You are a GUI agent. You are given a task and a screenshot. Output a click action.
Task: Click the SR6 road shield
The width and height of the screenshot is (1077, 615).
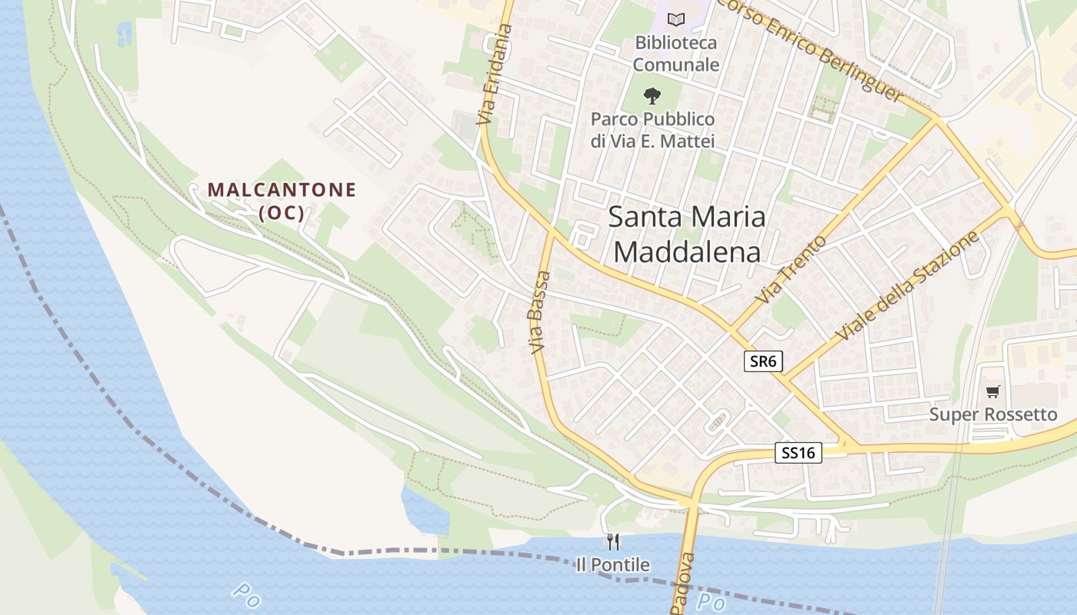[x=762, y=361]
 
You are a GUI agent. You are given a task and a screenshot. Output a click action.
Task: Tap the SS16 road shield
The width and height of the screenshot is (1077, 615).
[x=798, y=453]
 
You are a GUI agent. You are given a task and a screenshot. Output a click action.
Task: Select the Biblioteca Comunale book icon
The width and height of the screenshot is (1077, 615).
[x=675, y=19]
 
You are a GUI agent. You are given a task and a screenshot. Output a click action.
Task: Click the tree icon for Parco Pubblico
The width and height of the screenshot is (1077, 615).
[x=652, y=96]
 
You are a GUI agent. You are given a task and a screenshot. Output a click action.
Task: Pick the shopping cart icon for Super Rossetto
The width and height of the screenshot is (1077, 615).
[x=993, y=392]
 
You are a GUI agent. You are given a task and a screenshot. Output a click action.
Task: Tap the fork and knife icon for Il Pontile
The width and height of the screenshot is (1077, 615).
[x=613, y=542]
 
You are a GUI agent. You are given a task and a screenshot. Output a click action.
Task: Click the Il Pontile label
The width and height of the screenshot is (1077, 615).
[x=613, y=565]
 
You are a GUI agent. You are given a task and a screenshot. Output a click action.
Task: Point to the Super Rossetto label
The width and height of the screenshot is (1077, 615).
[x=993, y=414]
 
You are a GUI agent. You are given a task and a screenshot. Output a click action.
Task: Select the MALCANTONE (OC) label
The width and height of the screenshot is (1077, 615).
[x=282, y=201]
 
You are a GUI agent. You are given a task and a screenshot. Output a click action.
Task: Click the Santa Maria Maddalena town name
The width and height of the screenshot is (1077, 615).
[x=688, y=234]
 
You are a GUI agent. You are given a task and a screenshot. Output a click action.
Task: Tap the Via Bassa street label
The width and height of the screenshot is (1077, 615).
[x=539, y=312]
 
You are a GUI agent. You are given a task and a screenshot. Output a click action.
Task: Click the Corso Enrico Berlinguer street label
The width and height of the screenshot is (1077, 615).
[x=810, y=48]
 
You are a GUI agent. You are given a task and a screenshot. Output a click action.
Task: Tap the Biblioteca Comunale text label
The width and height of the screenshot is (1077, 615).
[x=675, y=54]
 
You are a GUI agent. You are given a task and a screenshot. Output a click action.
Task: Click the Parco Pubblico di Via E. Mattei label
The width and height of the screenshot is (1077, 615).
[x=652, y=131]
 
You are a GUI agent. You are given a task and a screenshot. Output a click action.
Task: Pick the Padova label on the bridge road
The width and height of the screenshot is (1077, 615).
[x=683, y=584]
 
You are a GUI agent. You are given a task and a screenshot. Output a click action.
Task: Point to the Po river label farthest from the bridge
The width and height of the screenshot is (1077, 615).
[x=245, y=593]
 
